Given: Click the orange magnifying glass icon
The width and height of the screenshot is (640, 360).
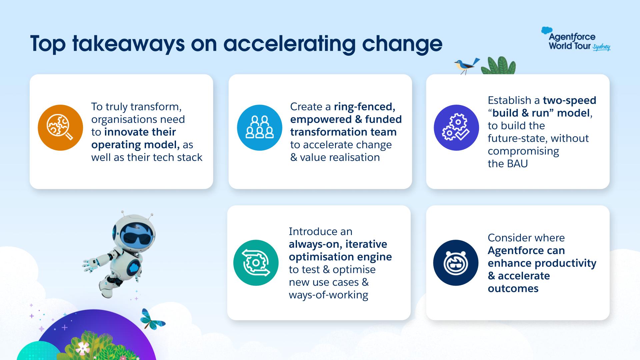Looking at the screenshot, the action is (60, 128).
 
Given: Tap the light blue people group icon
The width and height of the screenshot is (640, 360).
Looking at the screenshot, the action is (260, 128).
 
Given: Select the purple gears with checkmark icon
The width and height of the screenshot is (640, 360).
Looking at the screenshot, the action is (456, 128).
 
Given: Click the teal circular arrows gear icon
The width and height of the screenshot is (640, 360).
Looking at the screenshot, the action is (256, 263).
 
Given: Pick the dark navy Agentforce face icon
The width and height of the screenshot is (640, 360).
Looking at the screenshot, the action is (456, 263).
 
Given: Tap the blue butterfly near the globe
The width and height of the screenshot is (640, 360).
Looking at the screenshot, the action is (152, 319).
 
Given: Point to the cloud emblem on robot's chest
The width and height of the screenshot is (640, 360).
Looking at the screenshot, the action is (134, 267).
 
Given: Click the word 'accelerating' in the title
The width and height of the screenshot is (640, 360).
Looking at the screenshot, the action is (290, 44).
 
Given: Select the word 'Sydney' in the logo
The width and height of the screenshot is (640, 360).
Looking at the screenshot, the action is (602, 47).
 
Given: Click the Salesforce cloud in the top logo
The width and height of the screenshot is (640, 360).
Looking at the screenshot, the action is (547, 31).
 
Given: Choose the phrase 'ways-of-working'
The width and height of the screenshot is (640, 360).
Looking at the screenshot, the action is (328, 295).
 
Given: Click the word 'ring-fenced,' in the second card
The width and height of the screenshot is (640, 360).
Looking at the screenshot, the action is (364, 107).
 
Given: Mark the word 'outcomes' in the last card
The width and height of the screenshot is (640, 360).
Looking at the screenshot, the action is (513, 288).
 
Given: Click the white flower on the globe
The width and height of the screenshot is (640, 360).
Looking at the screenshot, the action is (82, 349).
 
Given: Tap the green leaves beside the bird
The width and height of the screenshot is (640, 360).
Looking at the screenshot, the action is (499, 66).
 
